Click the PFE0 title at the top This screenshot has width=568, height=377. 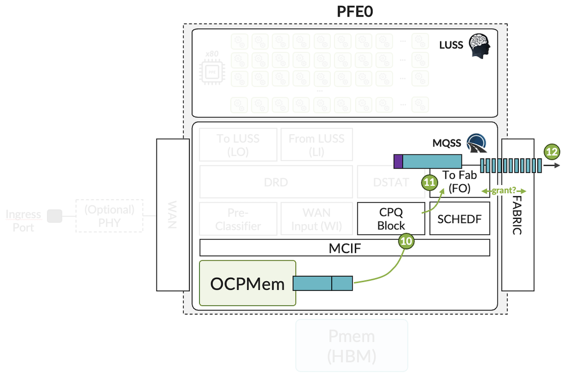click(355, 11)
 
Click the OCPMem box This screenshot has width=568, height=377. click(248, 283)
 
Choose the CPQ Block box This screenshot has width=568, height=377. click(391, 218)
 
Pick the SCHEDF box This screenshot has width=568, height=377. click(459, 218)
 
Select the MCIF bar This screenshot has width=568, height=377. click(344, 248)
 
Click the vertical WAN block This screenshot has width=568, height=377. click(173, 215)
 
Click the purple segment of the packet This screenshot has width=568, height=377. click(398, 162)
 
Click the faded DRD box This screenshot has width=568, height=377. click(276, 181)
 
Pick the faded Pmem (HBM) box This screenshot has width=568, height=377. click(352, 345)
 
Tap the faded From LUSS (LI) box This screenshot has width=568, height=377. click(316, 144)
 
